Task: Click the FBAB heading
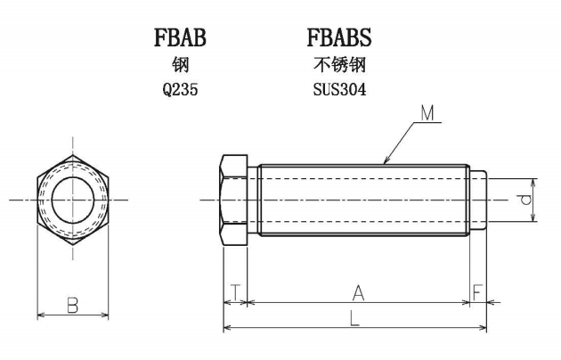(180, 37)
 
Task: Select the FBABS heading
(339, 37)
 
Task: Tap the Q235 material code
(180, 89)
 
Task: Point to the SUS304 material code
(339, 89)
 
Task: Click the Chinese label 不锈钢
(339, 65)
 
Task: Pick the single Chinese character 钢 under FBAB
(180, 65)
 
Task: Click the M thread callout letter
(427, 113)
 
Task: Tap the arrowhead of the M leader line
(385, 162)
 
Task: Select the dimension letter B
(73, 306)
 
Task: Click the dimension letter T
(235, 292)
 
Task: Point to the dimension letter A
(358, 293)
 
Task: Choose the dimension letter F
(477, 292)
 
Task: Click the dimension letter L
(354, 318)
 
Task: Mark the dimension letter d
(525, 200)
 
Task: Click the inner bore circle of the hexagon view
(73, 178)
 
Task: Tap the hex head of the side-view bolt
(234, 200)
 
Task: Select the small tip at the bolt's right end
(478, 200)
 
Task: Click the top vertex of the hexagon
(73, 155)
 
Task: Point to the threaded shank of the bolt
(364, 200)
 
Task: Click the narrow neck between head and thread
(253, 200)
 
